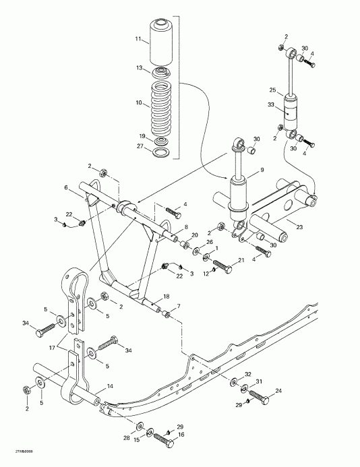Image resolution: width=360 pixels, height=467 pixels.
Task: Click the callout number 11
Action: pyautogui.click(x=138, y=40)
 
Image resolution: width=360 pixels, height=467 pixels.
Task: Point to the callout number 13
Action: pyautogui.click(x=139, y=69)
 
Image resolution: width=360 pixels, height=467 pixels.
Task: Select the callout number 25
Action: pyautogui.click(x=273, y=90)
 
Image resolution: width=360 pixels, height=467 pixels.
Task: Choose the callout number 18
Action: pyautogui.click(x=167, y=296)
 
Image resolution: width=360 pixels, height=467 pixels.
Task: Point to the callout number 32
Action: pyautogui.click(x=248, y=374)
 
